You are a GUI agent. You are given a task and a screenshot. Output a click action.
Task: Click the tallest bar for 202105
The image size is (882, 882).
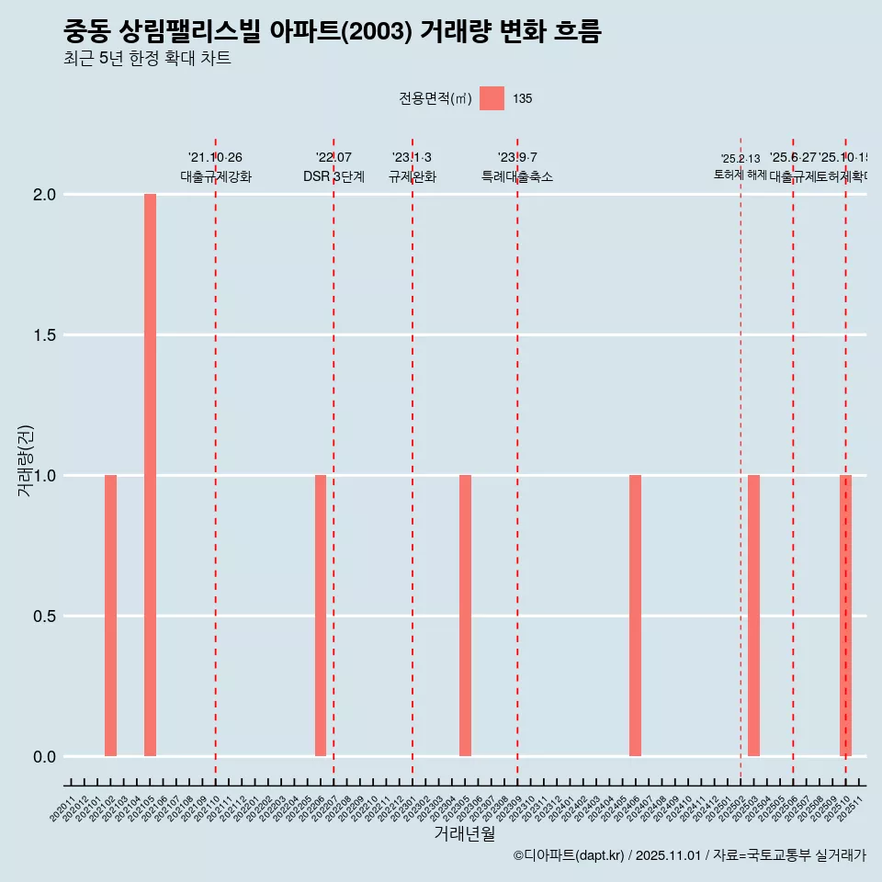pos(150,475)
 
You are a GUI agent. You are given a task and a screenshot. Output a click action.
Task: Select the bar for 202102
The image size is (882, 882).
pos(110,616)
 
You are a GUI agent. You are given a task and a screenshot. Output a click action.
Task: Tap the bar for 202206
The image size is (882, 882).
pos(321,616)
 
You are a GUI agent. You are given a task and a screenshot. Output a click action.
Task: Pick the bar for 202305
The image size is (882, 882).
pos(465,616)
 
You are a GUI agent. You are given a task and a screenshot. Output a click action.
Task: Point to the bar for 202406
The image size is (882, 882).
pos(635,616)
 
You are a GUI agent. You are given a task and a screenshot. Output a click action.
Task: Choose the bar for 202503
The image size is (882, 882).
pos(753,616)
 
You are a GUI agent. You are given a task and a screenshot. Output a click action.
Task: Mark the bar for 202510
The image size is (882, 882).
pos(845,616)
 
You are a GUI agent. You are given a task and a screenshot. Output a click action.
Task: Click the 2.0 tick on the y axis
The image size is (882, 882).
pos(45,195)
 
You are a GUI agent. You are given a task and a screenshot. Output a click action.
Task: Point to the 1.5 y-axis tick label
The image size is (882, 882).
pos(45,335)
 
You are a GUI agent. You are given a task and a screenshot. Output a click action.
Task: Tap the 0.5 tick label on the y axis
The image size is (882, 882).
pos(45,616)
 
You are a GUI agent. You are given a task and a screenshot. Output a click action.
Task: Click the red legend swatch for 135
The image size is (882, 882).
pos(492,98)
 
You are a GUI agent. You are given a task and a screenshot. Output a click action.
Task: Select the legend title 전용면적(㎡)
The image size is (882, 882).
pos(435,98)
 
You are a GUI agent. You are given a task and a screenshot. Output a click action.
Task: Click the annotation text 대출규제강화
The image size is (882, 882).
pos(215,176)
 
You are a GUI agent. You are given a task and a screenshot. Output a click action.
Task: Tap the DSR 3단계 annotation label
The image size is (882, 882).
pos(334,176)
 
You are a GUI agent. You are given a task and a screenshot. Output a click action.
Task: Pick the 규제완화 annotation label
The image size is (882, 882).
pos(412,176)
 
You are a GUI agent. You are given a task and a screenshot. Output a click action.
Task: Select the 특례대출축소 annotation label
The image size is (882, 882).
pos(517,176)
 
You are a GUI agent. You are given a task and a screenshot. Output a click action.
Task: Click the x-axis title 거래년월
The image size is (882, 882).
pos(464,833)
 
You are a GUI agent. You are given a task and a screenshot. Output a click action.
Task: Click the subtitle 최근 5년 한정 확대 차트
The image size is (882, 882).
pos(147,59)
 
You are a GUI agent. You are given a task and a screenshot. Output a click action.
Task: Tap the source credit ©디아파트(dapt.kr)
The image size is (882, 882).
pos(570,855)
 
